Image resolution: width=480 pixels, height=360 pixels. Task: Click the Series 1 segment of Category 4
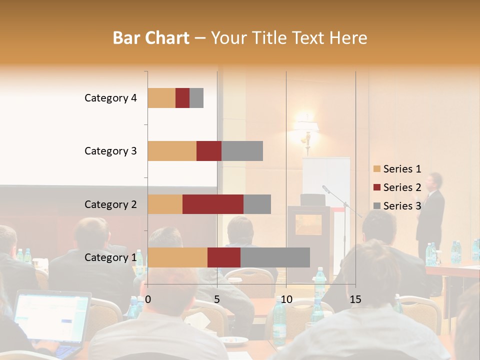161,98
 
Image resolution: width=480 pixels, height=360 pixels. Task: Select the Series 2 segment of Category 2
213,204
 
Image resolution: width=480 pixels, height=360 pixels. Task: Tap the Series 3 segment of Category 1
275,257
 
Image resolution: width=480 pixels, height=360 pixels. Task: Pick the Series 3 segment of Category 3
242,151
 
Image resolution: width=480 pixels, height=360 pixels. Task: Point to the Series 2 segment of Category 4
182,98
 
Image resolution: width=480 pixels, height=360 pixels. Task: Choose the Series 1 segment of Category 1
177,257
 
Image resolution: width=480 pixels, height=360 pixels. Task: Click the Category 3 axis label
110,151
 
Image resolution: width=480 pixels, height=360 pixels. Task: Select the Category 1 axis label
110,257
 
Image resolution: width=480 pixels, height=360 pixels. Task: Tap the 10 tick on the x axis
286,299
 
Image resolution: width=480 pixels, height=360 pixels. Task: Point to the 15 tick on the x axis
355,299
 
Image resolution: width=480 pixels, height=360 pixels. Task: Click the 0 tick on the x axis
148,299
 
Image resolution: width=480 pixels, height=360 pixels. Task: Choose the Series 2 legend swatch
377,187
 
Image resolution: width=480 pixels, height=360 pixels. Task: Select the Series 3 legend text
402,205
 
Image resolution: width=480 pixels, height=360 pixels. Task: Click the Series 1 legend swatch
377,169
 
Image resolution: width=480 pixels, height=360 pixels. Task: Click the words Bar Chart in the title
151,38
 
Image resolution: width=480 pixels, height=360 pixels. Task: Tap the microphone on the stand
326,189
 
